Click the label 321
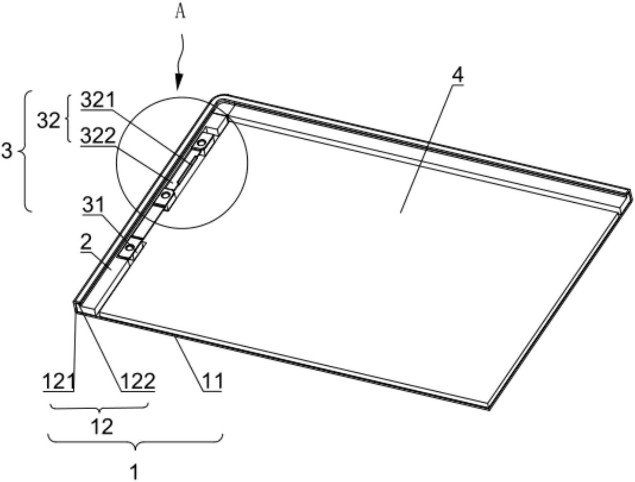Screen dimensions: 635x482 pos(98,100)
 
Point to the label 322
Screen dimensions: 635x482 pos(98,136)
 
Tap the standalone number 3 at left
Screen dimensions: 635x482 pos(7,151)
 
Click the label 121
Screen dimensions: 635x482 pos(59,382)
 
